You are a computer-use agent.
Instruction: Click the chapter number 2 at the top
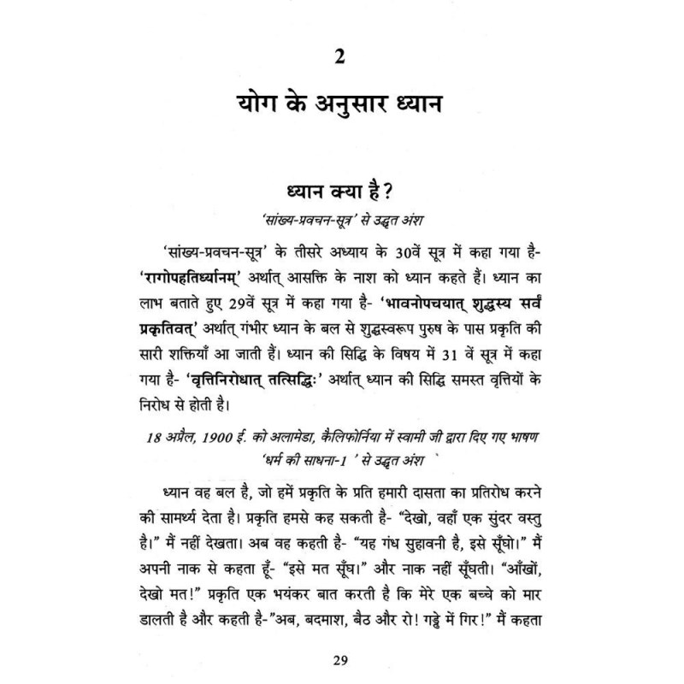[341, 61]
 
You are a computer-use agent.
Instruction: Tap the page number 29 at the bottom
[341, 657]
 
